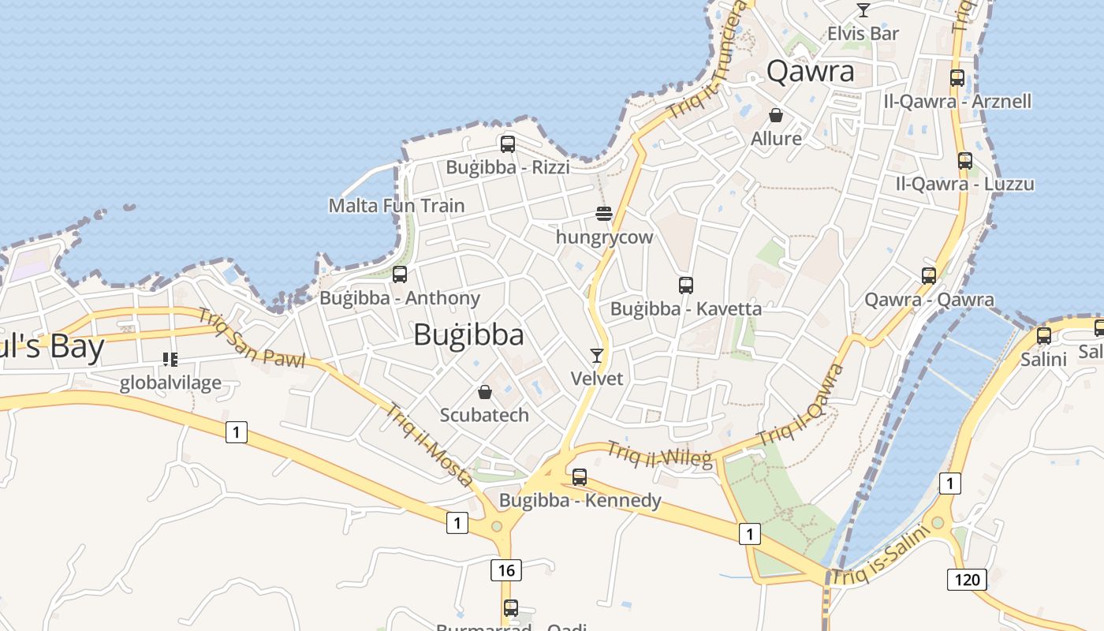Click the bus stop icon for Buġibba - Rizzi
[508, 144]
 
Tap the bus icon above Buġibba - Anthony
[400, 274]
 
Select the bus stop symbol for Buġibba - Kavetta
[686, 285]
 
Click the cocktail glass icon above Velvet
[597, 356]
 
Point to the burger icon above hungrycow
[604, 214]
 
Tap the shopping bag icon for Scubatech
[485, 392]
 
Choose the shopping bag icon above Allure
[776, 115]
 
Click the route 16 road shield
[505, 569]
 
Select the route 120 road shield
[967, 580]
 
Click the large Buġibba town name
[468, 335]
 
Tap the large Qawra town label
[810, 72]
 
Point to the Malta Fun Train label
[397, 206]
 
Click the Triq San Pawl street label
[251, 338]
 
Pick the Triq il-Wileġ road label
[659, 454]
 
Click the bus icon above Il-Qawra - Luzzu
[965, 161]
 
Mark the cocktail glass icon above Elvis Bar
[863, 10]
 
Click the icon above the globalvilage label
[170, 360]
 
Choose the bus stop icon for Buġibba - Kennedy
[580, 476]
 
